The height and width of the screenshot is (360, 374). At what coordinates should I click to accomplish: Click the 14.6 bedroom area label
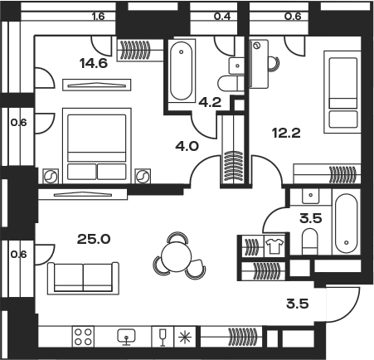[x=94, y=64]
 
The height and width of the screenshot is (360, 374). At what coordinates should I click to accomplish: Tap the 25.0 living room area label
[x=94, y=239]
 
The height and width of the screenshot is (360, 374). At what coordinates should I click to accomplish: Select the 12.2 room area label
[x=286, y=134]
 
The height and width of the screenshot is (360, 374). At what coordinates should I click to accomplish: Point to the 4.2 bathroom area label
[x=210, y=103]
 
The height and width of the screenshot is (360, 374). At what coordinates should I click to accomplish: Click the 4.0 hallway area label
[x=187, y=146]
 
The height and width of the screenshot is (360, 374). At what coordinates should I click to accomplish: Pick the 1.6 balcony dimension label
[x=99, y=17]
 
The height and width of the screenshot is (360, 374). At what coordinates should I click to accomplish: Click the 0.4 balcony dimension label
[x=222, y=17]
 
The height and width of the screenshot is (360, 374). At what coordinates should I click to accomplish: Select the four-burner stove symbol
[x=83, y=337]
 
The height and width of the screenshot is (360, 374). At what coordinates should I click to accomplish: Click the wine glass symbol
[x=163, y=337]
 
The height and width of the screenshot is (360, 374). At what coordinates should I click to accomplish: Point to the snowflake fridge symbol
[x=185, y=337]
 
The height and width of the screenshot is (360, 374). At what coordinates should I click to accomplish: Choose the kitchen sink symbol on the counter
[x=126, y=337]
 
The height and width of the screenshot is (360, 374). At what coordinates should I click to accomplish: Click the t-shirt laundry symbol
[x=274, y=246]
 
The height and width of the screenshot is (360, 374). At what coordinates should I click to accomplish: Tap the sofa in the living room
[x=83, y=278]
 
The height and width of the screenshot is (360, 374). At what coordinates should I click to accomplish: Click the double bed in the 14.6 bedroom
[x=97, y=146]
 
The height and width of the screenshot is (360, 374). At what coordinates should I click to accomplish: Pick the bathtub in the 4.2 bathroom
[x=181, y=71]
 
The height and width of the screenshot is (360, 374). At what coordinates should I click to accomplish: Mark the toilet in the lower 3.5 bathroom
[x=310, y=241]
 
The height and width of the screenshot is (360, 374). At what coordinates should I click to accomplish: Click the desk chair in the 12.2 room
[x=274, y=64]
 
